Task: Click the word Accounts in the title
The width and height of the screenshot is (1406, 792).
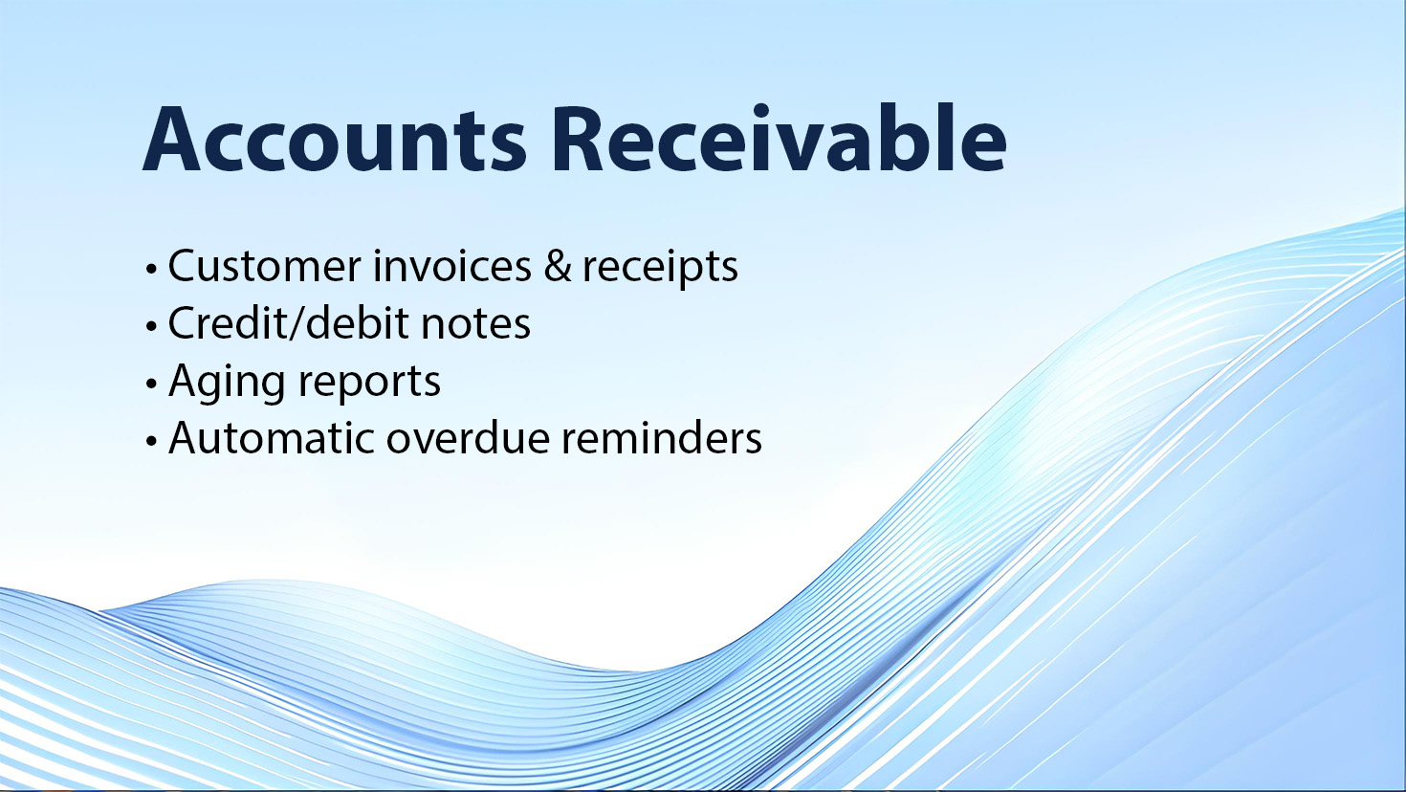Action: pos(335,140)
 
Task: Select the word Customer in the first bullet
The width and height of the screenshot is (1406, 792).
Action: pos(264,266)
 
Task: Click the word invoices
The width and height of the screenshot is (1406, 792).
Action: pos(451,266)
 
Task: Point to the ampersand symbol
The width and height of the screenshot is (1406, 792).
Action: pos(558,266)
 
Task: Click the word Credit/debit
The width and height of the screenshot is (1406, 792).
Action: pos(288,323)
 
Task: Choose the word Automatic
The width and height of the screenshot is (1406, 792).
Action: pos(272,438)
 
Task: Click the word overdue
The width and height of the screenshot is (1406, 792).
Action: pos(468,438)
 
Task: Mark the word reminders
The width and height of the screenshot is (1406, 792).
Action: pos(662,438)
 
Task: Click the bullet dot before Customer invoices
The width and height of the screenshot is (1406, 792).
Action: pos(151,270)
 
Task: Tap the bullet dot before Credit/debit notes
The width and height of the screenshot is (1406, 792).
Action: pos(151,327)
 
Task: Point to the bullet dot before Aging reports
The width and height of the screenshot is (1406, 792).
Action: pos(151,385)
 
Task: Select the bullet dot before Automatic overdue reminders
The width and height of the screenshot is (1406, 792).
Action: pos(151,441)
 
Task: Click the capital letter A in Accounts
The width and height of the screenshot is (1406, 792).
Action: pos(171,140)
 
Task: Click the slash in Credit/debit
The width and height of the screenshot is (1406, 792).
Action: pos(297,323)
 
